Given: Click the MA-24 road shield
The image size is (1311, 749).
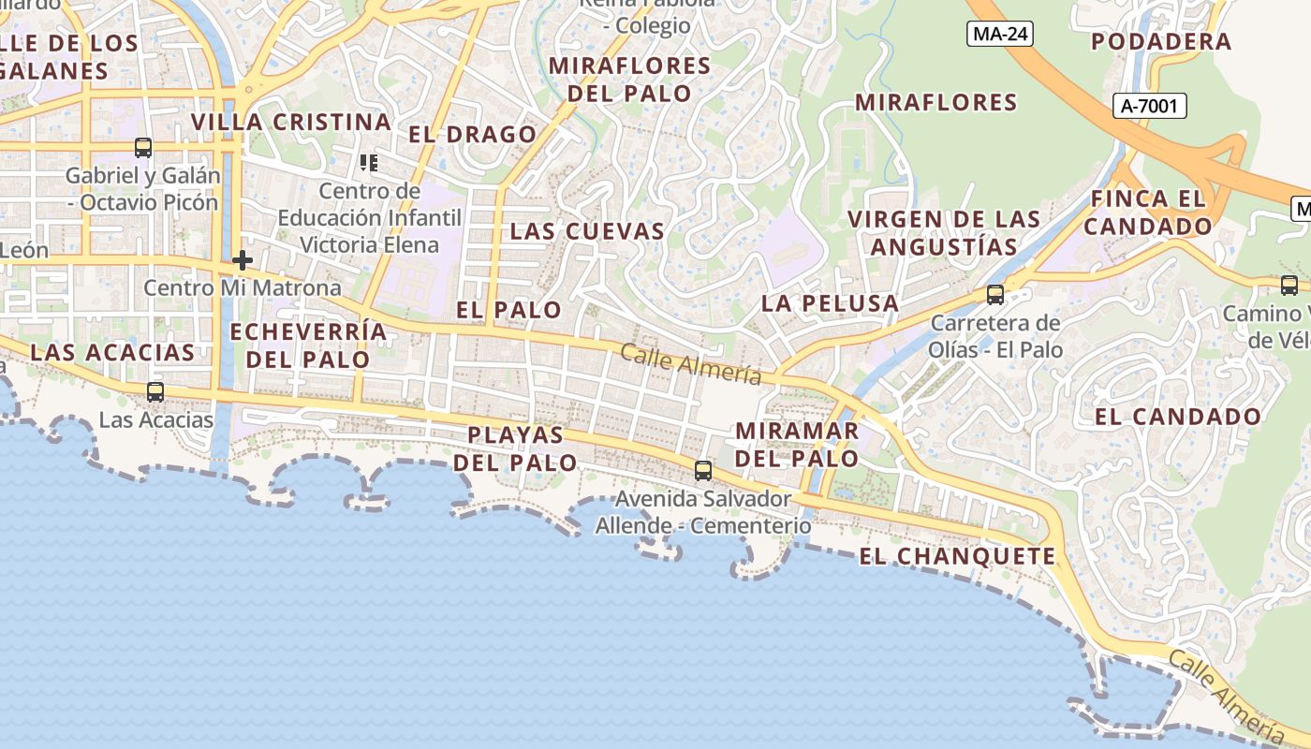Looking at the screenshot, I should (1000, 35).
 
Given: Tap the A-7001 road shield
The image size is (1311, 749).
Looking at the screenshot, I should (1151, 106).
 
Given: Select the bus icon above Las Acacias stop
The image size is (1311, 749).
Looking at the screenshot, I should (155, 392).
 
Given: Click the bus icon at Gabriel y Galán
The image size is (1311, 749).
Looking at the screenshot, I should (142, 148).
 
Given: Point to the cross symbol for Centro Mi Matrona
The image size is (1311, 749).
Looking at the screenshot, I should (243, 260).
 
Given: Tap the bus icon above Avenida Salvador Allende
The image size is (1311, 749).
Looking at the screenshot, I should (702, 470).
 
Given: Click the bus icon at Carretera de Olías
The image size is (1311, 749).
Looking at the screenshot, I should (994, 295).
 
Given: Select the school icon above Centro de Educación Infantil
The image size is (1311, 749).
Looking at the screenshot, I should (369, 163).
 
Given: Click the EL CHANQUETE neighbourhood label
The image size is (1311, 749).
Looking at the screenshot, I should (957, 556).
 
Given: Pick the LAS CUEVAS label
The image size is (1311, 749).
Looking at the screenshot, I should (587, 231).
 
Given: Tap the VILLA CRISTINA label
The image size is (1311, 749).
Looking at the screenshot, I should (291, 123).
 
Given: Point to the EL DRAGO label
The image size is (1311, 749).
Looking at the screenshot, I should (472, 135).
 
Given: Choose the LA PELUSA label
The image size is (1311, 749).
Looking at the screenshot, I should (830, 303).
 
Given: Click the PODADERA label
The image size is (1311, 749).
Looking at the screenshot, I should (1161, 42).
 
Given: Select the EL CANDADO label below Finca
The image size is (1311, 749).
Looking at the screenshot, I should (1178, 417).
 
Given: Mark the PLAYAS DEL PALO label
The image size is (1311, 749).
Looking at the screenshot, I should (516, 448).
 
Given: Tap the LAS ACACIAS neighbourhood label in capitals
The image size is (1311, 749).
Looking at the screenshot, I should (112, 353).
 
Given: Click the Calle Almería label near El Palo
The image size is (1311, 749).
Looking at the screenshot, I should (690, 363).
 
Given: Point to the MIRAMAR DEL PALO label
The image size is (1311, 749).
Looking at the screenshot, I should (797, 445).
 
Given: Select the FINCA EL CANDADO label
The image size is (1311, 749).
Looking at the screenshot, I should (1148, 213).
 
